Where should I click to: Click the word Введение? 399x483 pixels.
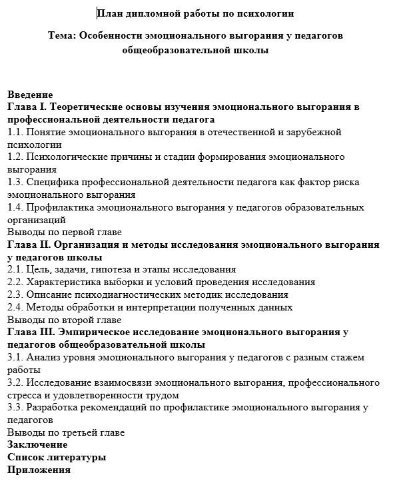click(30, 95)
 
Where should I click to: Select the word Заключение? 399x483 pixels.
click(37, 444)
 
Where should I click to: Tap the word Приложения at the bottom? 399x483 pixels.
click(39, 470)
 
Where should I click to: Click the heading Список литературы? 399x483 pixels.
click(57, 458)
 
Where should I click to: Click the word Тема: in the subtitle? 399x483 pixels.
click(63, 35)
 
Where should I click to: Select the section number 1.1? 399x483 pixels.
click(15, 133)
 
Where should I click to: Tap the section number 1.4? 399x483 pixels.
click(15, 207)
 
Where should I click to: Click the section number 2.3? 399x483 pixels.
click(15, 294)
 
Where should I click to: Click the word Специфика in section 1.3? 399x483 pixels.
click(52, 183)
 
